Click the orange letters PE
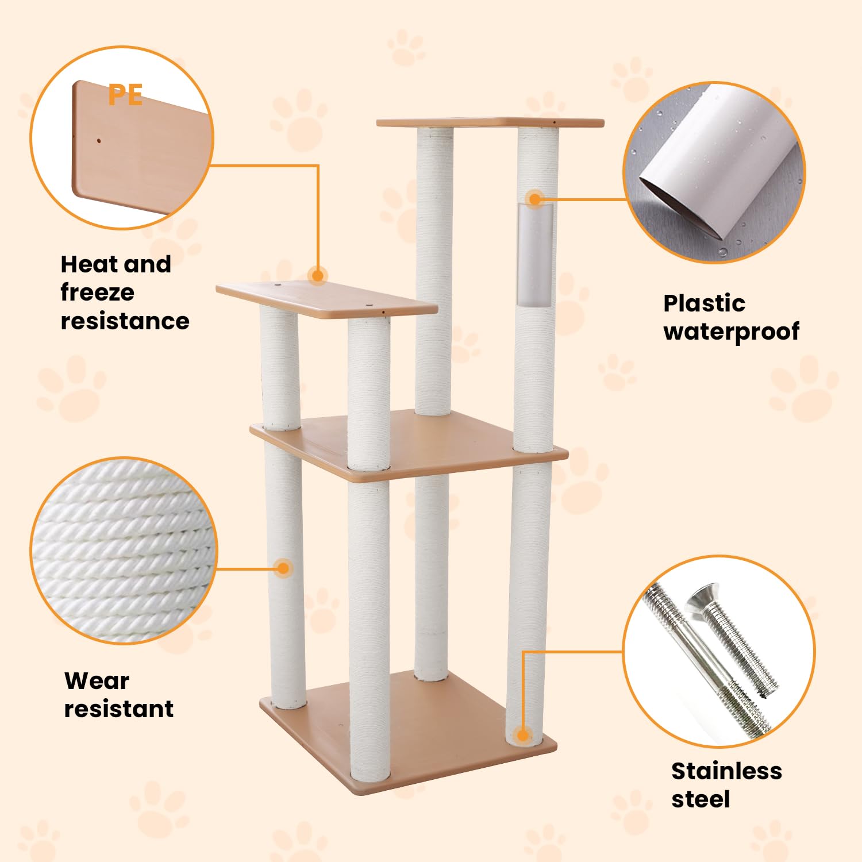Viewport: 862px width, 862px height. click(125, 95)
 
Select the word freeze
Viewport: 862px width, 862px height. click(97, 293)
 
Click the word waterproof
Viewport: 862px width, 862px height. click(731, 332)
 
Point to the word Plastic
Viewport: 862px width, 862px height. click(704, 303)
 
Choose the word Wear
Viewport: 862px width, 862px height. click(97, 681)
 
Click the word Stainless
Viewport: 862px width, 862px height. click(726, 771)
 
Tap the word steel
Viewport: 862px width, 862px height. click(701, 799)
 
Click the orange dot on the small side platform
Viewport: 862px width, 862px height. click(317, 276)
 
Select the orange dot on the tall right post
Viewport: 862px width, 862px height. click(535, 199)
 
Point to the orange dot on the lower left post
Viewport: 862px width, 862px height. click(283, 569)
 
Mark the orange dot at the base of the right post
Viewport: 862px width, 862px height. click(522, 735)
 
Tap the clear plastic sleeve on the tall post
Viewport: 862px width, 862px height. click(535, 256)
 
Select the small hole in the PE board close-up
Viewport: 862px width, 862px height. click(99, 140)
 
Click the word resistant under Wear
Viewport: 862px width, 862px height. click(118, 709)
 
